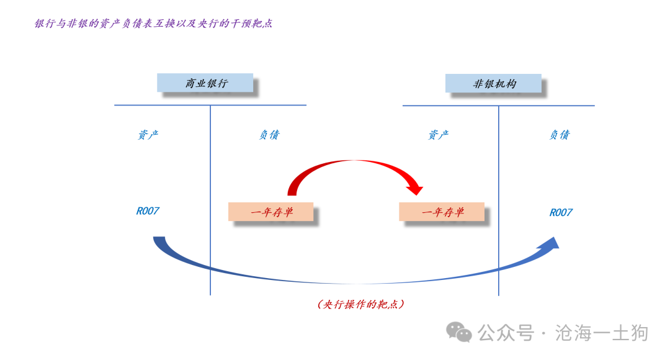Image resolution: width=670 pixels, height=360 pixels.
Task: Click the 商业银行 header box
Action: (x=205, y=83)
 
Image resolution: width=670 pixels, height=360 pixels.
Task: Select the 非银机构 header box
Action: (x=494, y=83)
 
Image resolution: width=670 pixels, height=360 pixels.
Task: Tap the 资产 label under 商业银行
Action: (x=148, y=135)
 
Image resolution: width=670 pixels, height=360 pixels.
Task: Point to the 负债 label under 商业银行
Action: (x=269, y=135)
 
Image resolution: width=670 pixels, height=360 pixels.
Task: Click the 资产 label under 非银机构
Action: (x=439, y=135)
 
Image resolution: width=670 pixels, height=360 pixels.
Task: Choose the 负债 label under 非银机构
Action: (x=560, y=135)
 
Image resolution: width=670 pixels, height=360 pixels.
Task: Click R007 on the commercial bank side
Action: (x=148, y=211)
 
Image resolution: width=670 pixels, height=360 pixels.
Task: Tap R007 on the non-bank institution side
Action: (x=561, y=212)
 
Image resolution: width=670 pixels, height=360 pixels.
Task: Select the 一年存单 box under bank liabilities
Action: (x=271, y=212)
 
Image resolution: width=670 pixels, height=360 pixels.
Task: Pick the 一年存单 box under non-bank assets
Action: (x=442, y=212)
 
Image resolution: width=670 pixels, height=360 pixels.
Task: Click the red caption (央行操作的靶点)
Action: (x=361, y=304)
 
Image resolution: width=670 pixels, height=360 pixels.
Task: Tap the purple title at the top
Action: (x=153, y=24)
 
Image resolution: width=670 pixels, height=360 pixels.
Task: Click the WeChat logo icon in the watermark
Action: (x=458, y=332)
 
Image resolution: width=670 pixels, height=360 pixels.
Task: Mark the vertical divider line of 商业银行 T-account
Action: (x=210, y=200)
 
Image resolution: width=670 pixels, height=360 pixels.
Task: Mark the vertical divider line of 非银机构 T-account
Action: (x=499, y=200)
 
